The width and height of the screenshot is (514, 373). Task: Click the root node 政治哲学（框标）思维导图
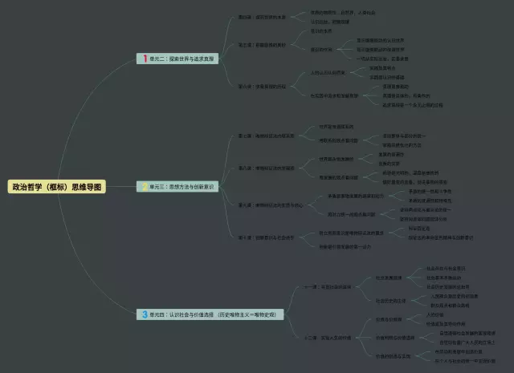56,186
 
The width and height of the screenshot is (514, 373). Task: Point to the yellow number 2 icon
144,186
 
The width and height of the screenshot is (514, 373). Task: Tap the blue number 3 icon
144,314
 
